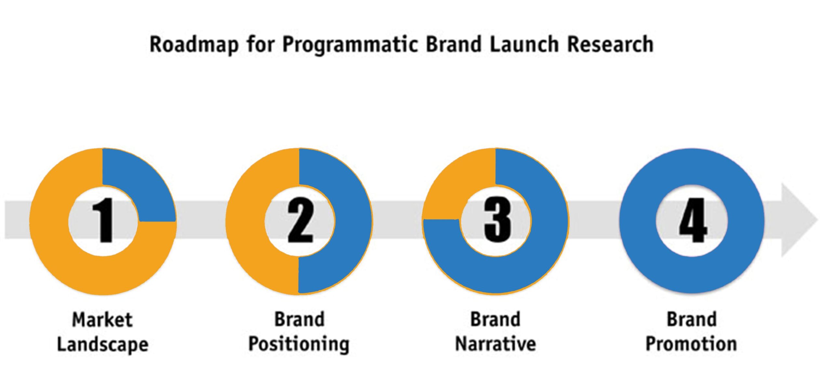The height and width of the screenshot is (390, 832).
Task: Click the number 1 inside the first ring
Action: pos(103,220)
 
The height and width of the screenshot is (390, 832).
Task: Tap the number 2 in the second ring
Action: pos(300,221)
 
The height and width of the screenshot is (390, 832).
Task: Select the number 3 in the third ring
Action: pos(498,220)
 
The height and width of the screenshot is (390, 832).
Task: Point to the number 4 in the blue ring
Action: pos(693,220)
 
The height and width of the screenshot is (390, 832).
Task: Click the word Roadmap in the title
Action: pos(194,45)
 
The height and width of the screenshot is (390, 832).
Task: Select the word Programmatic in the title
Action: pos(350,45)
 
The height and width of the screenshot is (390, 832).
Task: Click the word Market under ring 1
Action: pos(102,320)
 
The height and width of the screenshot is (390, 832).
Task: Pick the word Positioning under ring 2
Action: pos(299,344)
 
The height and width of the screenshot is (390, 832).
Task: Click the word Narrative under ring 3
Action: pos(496,344)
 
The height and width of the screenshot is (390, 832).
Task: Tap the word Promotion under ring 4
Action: pos(691,344)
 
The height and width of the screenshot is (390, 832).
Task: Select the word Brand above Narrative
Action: pos(496,319)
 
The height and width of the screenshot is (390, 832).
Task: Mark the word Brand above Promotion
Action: pos(692,319)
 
